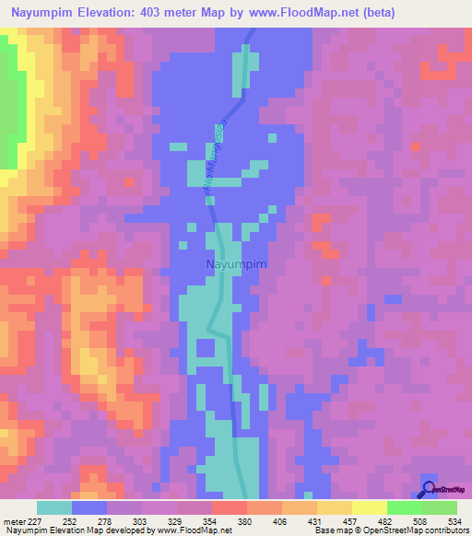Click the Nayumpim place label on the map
234,265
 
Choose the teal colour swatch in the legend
54,507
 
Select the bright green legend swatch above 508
404,507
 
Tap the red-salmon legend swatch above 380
229,507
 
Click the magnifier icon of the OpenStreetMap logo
428,489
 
